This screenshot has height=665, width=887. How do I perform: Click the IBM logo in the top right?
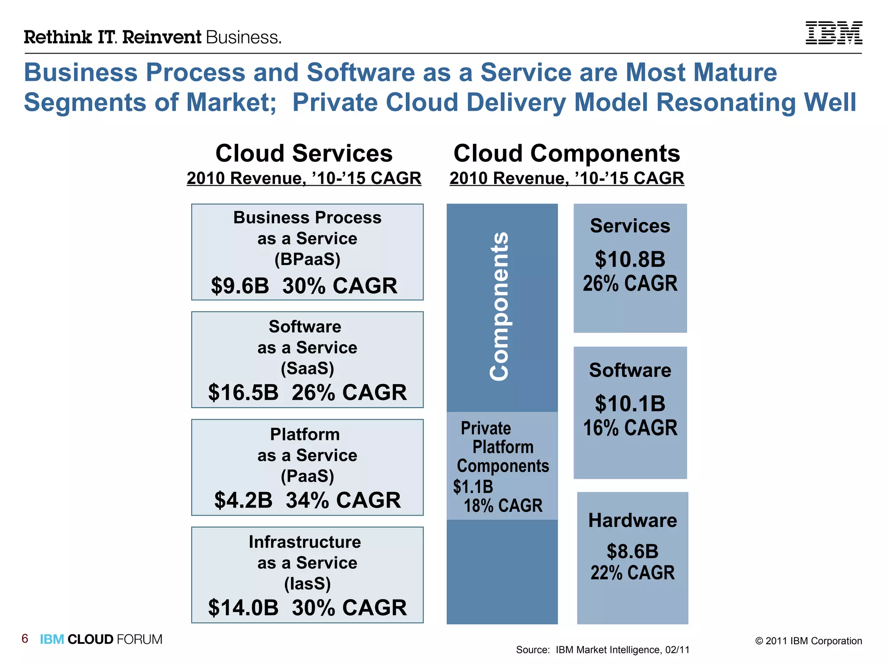[833, 33]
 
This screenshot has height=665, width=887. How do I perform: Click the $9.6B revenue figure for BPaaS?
[240, 286]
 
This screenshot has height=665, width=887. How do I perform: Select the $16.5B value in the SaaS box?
[243, 392]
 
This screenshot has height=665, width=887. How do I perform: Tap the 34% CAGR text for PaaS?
[343, 500]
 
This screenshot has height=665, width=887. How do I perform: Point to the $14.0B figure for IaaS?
[243, 607]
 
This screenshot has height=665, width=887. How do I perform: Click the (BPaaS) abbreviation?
[308, 259]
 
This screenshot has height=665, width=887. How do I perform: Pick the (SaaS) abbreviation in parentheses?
[308, 368]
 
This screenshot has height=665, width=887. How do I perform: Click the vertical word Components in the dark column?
[499, 307]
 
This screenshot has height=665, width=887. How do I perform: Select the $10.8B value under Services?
[630, 259]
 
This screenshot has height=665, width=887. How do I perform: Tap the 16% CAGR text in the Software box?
[630, 428]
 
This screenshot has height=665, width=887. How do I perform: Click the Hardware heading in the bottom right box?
[632, 520]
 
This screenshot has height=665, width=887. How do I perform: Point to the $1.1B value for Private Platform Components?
[473, 487]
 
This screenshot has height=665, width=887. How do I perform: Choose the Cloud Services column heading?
[304, 153]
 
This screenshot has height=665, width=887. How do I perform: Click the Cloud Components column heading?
[567, 153]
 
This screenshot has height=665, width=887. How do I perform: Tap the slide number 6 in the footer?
[25, 639]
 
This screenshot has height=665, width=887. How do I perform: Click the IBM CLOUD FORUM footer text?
[101, 639]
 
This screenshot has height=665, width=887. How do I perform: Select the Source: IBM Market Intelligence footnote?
[602, 650]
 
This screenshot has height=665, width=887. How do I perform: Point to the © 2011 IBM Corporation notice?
[808, 641]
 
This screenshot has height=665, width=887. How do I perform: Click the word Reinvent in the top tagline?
[162, 37]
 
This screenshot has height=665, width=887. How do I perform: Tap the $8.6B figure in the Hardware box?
[632, 552]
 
